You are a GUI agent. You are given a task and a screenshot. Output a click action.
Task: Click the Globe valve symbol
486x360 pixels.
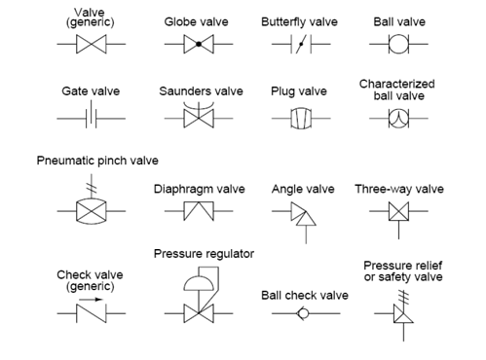click(x=196, y=45)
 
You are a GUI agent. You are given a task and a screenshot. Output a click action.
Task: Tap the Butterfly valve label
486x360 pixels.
click(x=297, y=20)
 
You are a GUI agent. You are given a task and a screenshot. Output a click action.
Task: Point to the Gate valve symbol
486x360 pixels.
click(x=90, y=118)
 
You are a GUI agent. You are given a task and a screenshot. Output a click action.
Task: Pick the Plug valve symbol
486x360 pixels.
click(x=298, y=118)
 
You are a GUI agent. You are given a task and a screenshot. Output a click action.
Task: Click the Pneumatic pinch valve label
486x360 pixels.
click(x=96, y=160)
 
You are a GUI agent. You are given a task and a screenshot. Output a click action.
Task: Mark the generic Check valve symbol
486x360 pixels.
click(x=90, y=313)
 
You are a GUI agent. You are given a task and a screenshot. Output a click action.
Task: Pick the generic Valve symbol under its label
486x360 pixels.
click(x=90, y=45)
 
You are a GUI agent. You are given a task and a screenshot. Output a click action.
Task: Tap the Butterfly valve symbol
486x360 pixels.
click(x=299, y=45)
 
